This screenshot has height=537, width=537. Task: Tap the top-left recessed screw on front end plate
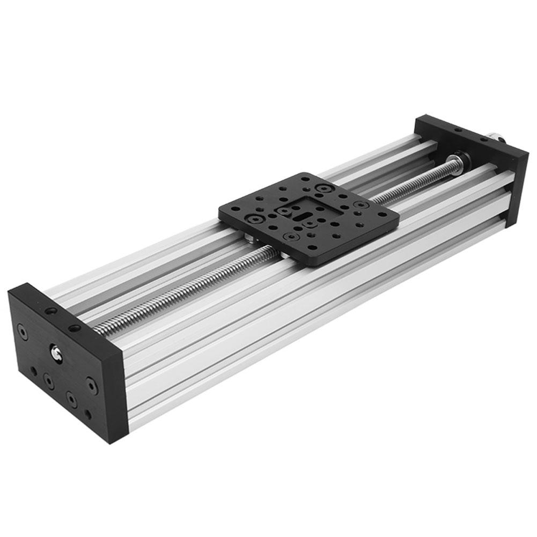[22, 333]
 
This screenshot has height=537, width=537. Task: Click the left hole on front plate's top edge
[50, 311]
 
